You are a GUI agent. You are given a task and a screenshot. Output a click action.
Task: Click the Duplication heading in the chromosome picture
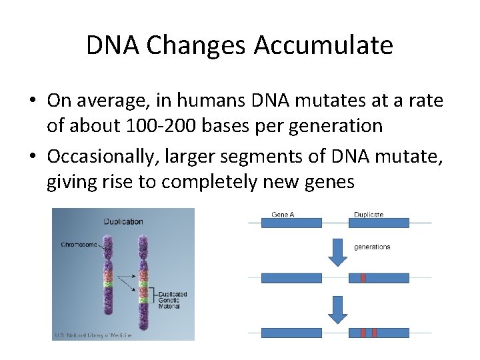click(123, 221)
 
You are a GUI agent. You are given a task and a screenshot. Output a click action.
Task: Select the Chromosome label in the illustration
click(79, 245)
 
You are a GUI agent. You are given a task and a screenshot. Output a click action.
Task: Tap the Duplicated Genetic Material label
click(172, 299)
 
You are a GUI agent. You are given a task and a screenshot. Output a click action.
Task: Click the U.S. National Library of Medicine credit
click(93, 335)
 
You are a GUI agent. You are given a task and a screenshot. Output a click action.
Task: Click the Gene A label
click(283, 215)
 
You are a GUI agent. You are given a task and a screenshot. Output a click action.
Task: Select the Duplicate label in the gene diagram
click(368, 215)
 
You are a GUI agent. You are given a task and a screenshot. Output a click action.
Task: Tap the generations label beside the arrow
click(372, 247)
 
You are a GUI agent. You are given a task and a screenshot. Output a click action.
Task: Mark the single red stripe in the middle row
click(363, 277)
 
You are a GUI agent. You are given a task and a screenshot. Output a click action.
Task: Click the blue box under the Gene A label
click(291, 223)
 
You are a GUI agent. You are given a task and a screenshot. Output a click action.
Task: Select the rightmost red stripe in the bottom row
click(375, 332)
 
